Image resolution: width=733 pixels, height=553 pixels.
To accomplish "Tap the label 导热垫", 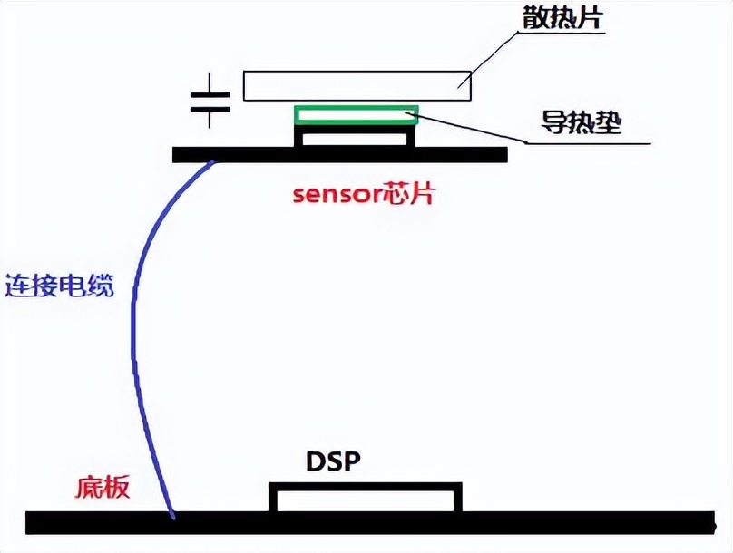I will (x=582, y=122).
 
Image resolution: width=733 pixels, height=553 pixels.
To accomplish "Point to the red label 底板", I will (x=101, y=489).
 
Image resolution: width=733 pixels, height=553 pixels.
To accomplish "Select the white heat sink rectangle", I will (x=357, y=85).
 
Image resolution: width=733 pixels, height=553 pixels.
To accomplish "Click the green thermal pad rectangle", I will (x=356, y=114).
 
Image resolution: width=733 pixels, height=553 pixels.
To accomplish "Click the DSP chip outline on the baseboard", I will (x=365, y=498).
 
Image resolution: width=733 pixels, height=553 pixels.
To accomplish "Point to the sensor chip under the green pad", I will (x=355, y=135).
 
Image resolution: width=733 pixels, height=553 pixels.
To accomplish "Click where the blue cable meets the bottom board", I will (x=172, y=517).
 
